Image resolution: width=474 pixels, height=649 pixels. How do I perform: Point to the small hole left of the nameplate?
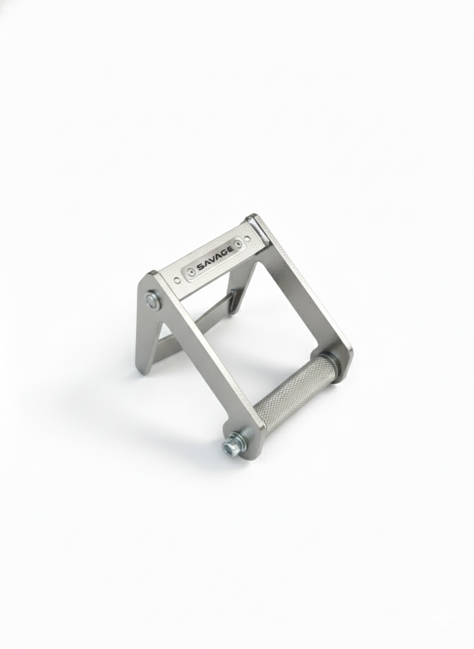[176, 281]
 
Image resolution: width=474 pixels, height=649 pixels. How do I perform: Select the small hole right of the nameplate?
[248, 238]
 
